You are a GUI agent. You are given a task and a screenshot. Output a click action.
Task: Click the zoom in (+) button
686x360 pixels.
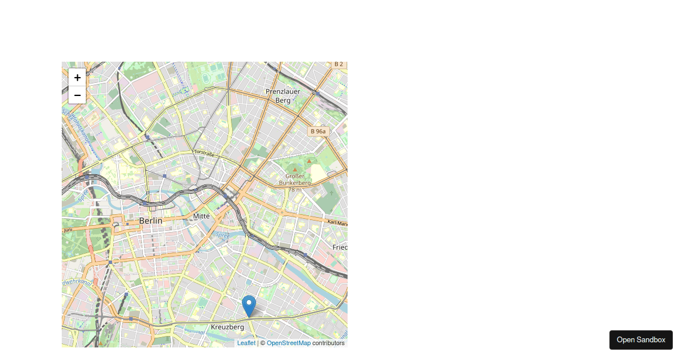click(x=77, y=78)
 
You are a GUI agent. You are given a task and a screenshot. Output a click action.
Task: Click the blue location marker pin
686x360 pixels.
click(x=249, y=305)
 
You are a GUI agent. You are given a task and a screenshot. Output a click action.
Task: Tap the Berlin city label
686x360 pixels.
click(x=151, y=221)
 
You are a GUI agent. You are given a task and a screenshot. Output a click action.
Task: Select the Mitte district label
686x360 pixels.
click(x=201, y=216)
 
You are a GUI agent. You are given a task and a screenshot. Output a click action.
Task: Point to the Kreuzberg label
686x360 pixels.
click(x=227, y=327)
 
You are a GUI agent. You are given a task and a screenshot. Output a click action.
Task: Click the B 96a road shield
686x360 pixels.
click(x=318, y=131)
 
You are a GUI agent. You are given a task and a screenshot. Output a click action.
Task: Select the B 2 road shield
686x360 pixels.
click(x=338, y=64)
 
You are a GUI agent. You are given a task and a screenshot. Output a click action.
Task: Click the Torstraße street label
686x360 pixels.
click(x=204, y=153)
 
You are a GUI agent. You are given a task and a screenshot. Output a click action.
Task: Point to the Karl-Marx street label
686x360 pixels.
click(x=337, y=222)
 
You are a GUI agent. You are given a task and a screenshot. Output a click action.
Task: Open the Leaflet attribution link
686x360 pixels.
click(x=246, y=343)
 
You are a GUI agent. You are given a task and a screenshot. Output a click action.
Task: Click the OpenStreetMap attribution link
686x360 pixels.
click(x=289, y=343)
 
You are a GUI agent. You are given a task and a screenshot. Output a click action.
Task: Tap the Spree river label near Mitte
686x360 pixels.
click(x=222, y=235)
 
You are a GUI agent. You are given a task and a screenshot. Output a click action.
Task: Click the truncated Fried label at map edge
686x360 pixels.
click(x=340, y=247)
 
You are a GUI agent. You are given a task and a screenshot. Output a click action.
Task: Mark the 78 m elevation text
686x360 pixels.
click(x=295, y=189)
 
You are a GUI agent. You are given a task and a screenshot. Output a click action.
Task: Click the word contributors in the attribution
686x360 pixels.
click(x=328, y=343)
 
